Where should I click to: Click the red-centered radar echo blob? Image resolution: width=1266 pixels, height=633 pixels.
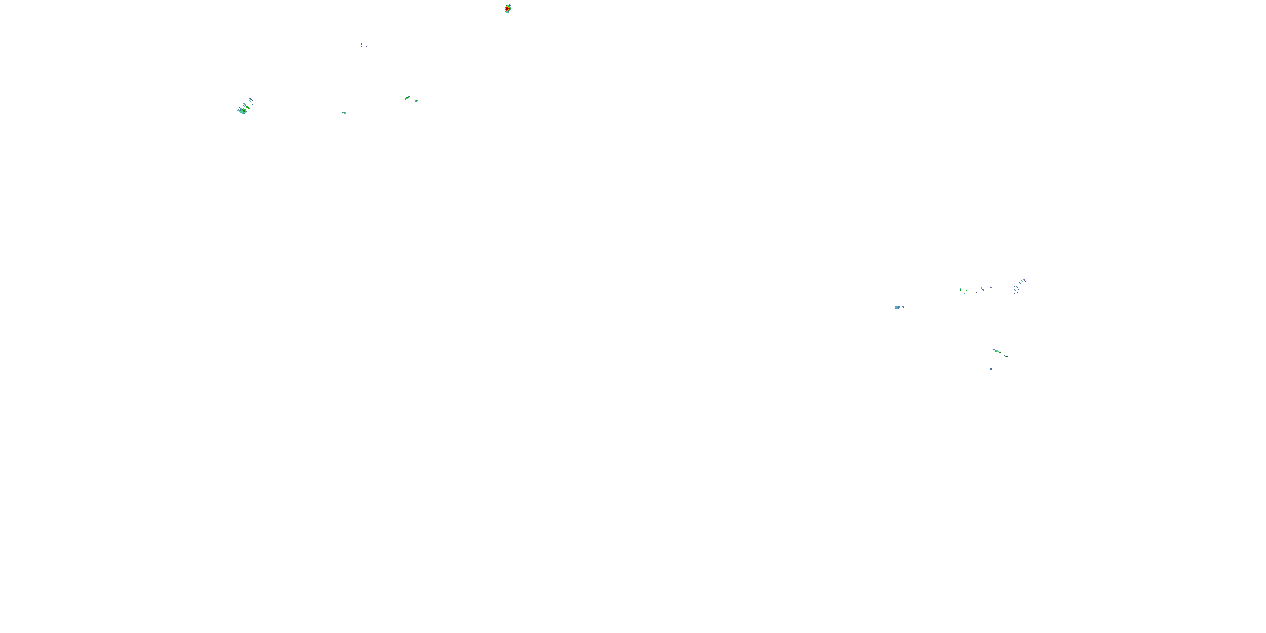pos(508,8)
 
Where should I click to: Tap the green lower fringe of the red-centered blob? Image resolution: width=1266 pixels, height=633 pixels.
pos(507,12)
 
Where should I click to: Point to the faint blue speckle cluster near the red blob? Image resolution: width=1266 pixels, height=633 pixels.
pos(364,45)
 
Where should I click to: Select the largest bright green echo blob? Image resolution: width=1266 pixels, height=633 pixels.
pos(242,111)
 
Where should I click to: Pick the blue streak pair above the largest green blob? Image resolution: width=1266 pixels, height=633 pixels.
pos(251,100)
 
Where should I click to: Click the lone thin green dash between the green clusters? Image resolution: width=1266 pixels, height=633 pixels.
pos(344,113)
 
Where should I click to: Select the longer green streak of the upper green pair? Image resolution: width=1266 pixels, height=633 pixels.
pos(407,98)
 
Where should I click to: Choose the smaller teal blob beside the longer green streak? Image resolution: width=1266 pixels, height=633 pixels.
pos(416,101)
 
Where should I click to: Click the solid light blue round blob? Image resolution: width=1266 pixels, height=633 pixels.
pos(897,307)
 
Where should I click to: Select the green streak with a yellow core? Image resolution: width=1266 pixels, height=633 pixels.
pos(997,352)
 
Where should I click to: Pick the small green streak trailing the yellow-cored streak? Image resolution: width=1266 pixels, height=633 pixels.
pos(1006,356)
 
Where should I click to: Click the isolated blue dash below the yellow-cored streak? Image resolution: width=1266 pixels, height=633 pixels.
pos(991,368)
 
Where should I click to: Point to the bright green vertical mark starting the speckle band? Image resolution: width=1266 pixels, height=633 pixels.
pos(960,289)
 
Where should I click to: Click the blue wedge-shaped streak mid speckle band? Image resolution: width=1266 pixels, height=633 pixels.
pos(982,289)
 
